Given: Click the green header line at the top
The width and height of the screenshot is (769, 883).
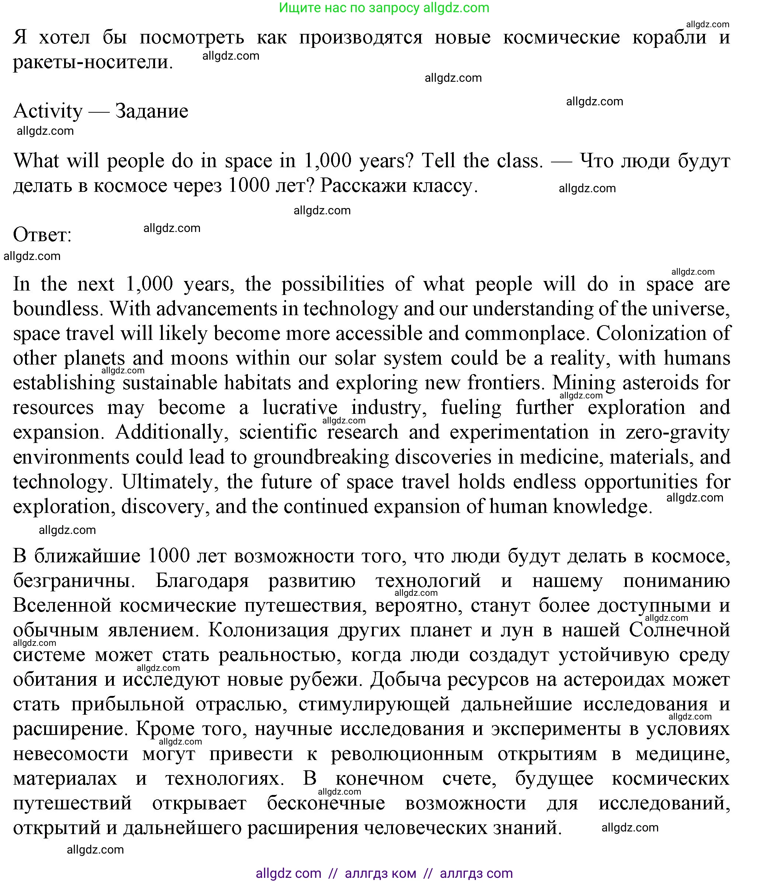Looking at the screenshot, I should pos(384,8).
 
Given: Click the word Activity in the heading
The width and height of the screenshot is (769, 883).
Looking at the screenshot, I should pos(48,111).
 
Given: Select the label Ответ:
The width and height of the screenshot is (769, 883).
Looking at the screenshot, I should pos(42,235).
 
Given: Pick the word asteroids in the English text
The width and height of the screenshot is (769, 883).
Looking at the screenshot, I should pos(660,383).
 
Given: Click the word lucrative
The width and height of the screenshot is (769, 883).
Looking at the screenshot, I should pos(300,408).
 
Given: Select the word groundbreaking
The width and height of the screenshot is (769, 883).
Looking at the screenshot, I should pos(321,457).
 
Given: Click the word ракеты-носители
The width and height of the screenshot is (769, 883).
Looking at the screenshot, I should pos(93,62).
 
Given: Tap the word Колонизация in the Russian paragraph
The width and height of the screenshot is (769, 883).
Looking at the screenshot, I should pos(268,630).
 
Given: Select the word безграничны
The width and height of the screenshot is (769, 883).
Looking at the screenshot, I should pos(74,581).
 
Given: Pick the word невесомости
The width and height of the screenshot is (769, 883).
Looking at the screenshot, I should pos(70,754).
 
